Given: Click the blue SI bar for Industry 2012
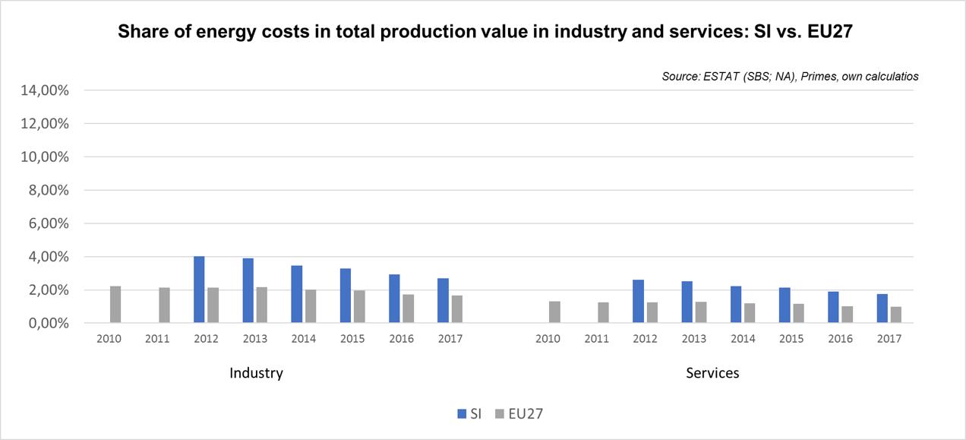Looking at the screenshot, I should click(x=199, y=290).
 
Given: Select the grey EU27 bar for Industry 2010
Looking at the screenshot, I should click(x=115, y=305).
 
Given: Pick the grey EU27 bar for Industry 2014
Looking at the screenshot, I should click(x=310, y=306).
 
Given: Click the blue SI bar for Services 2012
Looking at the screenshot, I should click(x=638, y=302).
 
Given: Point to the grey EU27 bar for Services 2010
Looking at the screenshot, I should click(x=554, y=312).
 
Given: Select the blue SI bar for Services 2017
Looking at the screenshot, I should click(x=882, y=309).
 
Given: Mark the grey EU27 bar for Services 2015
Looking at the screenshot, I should click(x=798, y=314).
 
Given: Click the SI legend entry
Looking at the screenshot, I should click(x=470, y=413).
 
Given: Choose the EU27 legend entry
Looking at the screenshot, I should click(x=518, y=413).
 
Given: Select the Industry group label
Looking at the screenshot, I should click(x=256, y=373).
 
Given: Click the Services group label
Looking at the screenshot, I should click(x=712, y=373).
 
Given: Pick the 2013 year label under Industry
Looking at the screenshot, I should click(x=254, y=339).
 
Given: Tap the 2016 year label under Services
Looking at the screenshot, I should click(x=841, y=339).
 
